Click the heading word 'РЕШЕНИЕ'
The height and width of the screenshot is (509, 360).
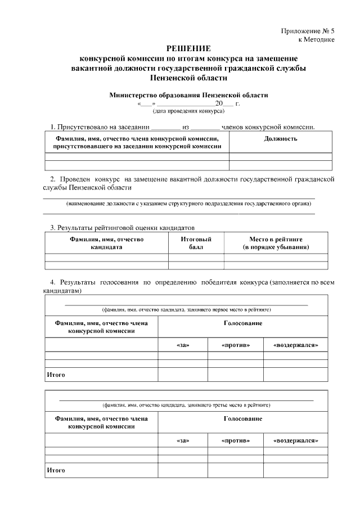(188, 49)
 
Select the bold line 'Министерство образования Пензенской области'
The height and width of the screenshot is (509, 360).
(188, 95)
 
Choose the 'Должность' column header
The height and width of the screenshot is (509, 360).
(281, 138)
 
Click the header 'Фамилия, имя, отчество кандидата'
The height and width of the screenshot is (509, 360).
(106, 243)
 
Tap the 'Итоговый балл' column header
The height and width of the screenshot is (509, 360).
(196, 243)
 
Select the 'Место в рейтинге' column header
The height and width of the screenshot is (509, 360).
(275, 243)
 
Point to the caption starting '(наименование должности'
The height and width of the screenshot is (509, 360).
(188, 203)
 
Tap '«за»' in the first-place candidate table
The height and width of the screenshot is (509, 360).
(183, 345)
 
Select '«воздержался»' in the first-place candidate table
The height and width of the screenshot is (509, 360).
(295, 345)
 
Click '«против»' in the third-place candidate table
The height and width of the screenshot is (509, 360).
(236, 440)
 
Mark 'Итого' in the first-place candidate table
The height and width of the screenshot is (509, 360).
(56, 374)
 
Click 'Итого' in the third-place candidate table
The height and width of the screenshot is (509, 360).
(56, 469)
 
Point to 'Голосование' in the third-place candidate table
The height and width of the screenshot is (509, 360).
(242, 418)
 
